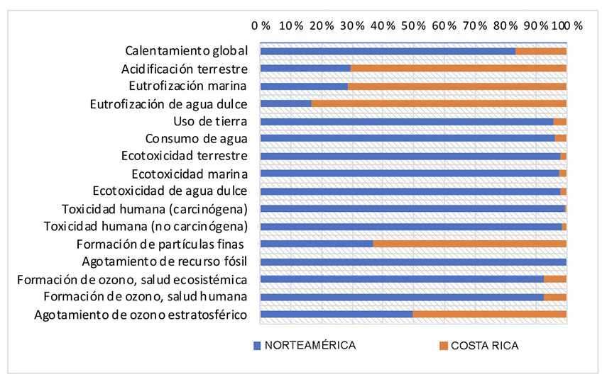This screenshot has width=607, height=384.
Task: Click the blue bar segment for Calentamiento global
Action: (x=388, y=51)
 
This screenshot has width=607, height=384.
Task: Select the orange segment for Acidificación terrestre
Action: (x=458, y=69)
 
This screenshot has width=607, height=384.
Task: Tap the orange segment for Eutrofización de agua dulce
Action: (x=439, y=103)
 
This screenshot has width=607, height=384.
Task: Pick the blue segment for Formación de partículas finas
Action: (x=317, y=244)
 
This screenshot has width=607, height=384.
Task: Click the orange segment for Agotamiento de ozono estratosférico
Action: (x=489, y=314)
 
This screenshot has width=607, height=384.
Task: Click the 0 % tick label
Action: (x=261, y=25)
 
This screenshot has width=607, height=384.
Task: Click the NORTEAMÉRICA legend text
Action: (x=310, y=346)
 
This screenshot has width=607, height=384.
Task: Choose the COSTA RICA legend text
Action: (x=485, y=346)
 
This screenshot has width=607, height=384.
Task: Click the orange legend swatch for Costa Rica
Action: (x=444, y=346)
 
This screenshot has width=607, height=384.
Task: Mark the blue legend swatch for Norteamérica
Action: (x=257, y=346)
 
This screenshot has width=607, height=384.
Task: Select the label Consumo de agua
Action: (x=196, y=139)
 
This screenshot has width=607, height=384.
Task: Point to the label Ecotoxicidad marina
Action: (x=190, y=174)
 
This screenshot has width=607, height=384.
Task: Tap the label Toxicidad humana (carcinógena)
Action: (x=155, y=209)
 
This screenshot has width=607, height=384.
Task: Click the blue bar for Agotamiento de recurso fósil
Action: (x=413, y=261)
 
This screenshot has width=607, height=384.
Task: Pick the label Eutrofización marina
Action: (x=187, y=86)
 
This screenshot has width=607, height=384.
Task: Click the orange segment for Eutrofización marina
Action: (x=456, y=86)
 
